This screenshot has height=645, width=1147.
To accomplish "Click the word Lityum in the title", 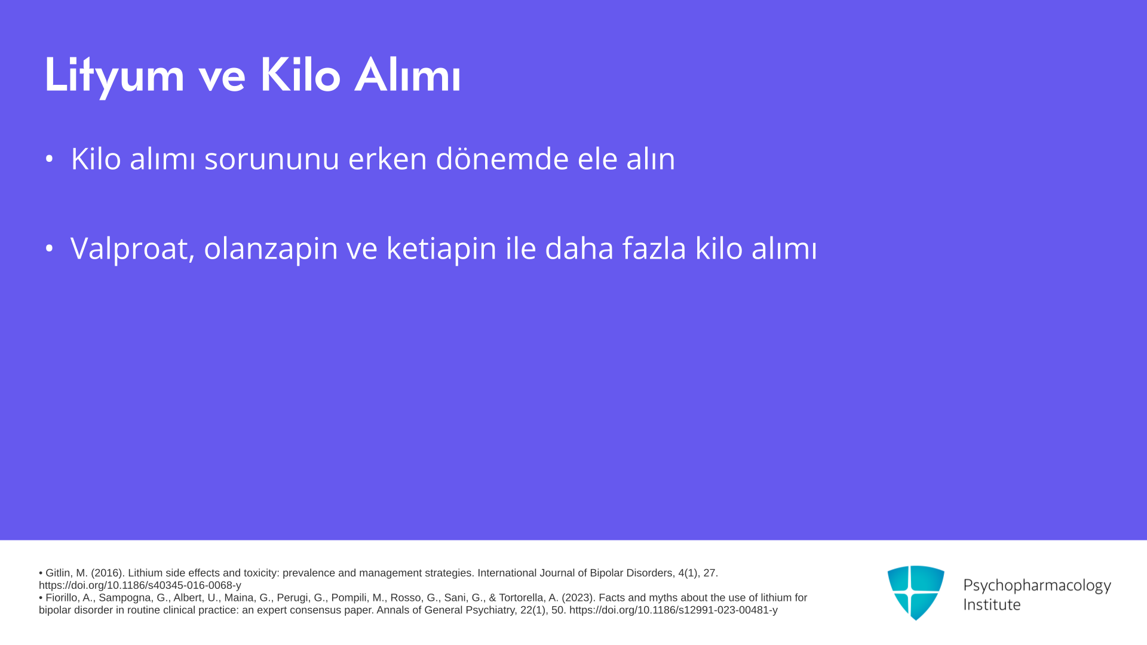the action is (x=114, y=76).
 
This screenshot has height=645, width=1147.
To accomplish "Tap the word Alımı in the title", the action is (x=407, y=75).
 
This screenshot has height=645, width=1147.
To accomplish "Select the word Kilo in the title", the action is (x=300, y=75).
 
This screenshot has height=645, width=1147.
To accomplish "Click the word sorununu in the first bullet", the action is (x=272, y=159).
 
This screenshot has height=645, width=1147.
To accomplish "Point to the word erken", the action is (x=388, y=159).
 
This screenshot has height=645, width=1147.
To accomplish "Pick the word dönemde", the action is (x=502, y=159).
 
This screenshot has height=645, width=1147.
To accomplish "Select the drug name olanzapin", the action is (x=271, y=248).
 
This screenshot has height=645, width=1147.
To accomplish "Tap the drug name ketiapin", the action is (x=441, y=248).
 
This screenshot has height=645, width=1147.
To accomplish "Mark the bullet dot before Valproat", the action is (x=49, y=248).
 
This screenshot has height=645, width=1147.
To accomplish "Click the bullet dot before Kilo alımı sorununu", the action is (x=49, y=159).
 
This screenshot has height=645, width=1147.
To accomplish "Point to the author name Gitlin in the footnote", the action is (x=59, y=573).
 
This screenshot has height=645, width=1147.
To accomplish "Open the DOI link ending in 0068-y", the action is (x=140, y=586).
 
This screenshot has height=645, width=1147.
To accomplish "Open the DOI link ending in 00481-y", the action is (x=673, y=610).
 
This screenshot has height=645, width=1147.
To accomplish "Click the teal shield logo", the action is (x=916, y=592).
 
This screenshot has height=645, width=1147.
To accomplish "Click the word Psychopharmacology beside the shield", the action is (x=1037, y=586).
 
